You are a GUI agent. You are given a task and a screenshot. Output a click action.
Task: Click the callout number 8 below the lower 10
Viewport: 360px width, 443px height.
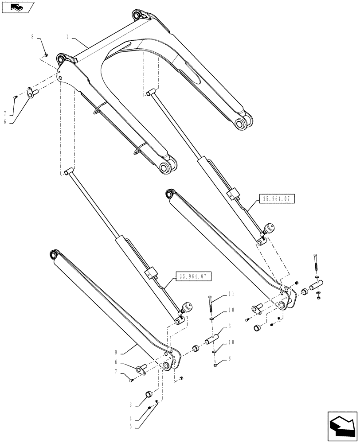(x=231, y=361)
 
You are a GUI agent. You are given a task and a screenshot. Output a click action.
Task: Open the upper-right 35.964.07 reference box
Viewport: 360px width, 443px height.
(x=275, y=199)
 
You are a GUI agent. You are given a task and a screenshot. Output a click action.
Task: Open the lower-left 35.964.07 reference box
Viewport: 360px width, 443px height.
(x=194, y=276)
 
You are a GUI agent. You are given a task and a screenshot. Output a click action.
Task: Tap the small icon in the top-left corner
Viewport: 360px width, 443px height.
(x=17, y=7)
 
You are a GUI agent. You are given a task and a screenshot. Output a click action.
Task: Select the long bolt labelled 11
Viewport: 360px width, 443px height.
(x=210, y=307)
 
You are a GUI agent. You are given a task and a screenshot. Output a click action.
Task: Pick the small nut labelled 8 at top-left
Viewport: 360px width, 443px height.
(x=47, y=55)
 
